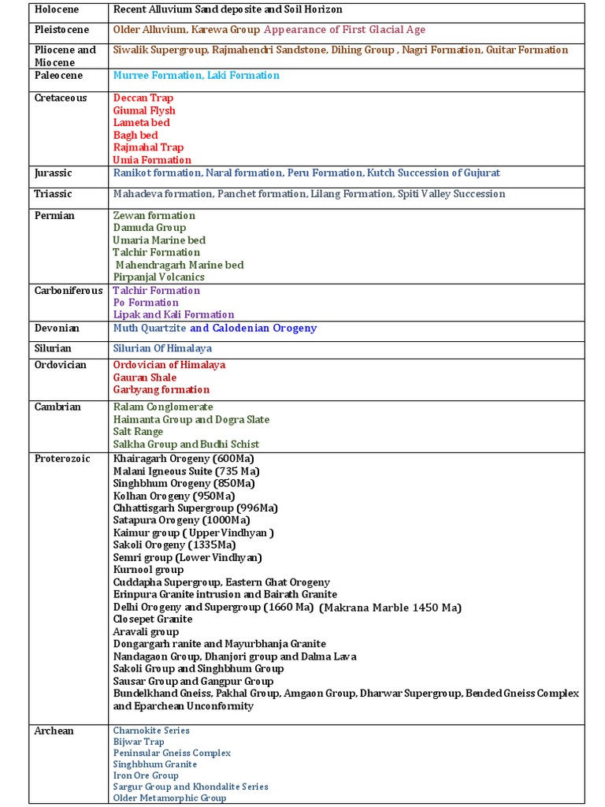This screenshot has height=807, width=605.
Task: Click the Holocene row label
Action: pos(57,9)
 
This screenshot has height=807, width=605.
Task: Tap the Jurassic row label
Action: pos(54,173)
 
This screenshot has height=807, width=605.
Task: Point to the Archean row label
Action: pos(54,731)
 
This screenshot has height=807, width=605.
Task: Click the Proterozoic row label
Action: pos(63,458)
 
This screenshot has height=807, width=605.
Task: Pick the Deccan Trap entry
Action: pos(143,98)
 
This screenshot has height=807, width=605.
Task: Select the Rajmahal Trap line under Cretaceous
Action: pos(148,147)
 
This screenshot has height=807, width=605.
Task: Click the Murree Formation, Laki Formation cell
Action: pos(196,76)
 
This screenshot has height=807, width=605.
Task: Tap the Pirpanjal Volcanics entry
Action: pos(158,277)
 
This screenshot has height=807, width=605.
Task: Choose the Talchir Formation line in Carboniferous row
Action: pos(157,290)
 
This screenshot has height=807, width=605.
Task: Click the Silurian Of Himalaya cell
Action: pos(162,348)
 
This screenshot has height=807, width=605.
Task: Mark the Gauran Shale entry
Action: pos(145,377)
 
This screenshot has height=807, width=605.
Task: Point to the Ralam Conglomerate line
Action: pos(163,407)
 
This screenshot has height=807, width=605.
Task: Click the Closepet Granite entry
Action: pos(153,619)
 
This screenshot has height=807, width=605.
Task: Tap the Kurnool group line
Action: pos(148,570)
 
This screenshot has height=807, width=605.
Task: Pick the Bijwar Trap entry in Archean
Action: pos(139,742)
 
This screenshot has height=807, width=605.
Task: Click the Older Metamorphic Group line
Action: pos(169,798)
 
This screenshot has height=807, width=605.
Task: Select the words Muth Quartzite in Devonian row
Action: pos(150,328)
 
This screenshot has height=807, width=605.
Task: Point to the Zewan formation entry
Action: pos(154,215)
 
